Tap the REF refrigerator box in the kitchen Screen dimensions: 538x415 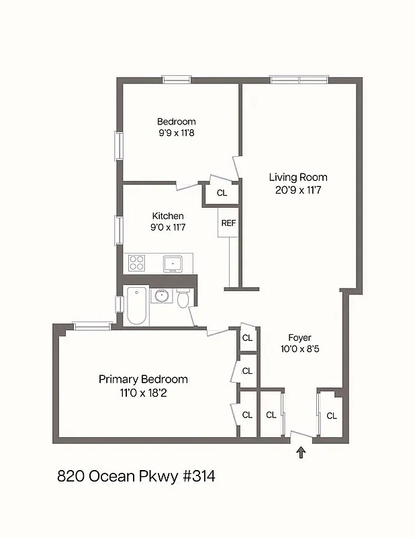tap(228, 223)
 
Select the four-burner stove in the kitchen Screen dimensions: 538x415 tap(137, 262)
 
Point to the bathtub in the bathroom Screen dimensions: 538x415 tap(137, 305)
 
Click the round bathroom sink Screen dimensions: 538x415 tap(161, 295)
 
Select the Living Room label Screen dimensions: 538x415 tap(298, 178)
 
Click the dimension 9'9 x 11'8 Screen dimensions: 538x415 tap(177, 133)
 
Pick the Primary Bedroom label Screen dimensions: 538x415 tap(143, 379)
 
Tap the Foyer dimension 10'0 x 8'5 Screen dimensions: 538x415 tap(299, 349)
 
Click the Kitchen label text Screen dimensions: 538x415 tap(168, 216)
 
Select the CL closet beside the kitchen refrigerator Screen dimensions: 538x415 tap(222, 193)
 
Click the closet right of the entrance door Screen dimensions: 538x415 tap(331, 416)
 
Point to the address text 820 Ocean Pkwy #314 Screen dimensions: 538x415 tap(136, 477)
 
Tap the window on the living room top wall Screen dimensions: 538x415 tap(299, 79)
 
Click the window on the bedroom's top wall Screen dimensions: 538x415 tap(177, 79)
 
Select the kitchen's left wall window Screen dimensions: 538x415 tap(120, 229)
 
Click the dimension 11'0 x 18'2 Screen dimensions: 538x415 tap(143, 393)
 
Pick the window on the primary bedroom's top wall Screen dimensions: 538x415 tap(92, 327)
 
